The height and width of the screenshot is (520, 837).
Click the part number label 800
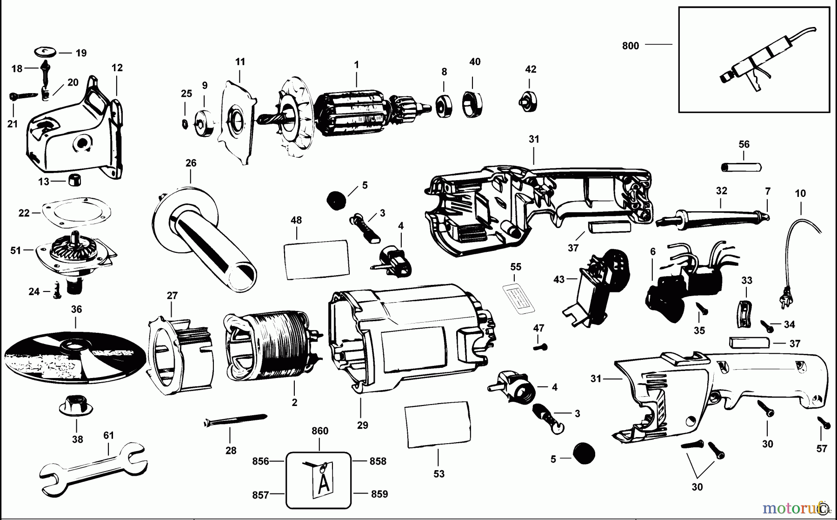(x=630, y=46)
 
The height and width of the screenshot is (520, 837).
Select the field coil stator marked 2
(x=270, y=344)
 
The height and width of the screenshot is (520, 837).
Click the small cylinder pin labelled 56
(x=741, y=167)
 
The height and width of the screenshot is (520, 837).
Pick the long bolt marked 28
(x=235, y=420)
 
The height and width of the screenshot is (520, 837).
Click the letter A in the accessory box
(x=324, y=484)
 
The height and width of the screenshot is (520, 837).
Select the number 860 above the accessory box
(x=320, y=431)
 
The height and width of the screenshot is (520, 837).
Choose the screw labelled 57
(x=824, y=423)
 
